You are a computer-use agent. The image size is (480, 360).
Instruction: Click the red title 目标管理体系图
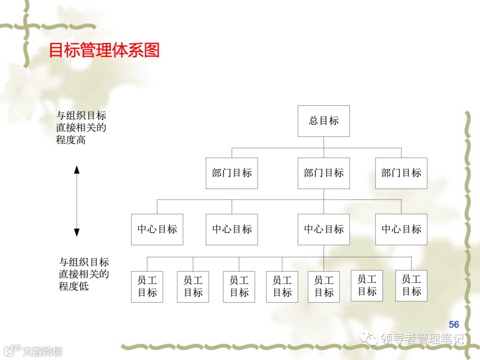(104, 51)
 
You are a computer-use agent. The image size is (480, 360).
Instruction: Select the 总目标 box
(324, 121)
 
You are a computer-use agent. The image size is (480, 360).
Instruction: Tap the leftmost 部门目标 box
(232, 173)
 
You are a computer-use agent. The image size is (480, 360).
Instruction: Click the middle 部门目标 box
(324, 173)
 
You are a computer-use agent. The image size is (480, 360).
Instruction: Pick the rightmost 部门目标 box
(401, 173)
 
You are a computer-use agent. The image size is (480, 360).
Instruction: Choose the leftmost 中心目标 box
(157, 229)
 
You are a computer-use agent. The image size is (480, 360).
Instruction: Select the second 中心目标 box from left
(232, 229)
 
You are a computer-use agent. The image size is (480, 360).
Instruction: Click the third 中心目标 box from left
(324, 229)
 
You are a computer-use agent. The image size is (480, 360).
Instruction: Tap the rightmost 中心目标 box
(401, 229)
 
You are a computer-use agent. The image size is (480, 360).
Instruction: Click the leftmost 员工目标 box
(147, 287)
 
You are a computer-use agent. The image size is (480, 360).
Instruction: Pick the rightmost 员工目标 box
(411, 285)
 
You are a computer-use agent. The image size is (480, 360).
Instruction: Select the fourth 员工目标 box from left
(282, 287)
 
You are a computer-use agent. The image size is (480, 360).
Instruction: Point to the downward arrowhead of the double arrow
(76, 232)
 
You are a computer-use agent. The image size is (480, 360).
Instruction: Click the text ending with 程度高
(81, 128)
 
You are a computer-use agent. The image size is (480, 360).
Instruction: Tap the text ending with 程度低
(84, 274)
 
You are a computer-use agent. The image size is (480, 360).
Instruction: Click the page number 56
(454, 324)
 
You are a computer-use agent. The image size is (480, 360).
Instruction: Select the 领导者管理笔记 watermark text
(422, 339)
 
